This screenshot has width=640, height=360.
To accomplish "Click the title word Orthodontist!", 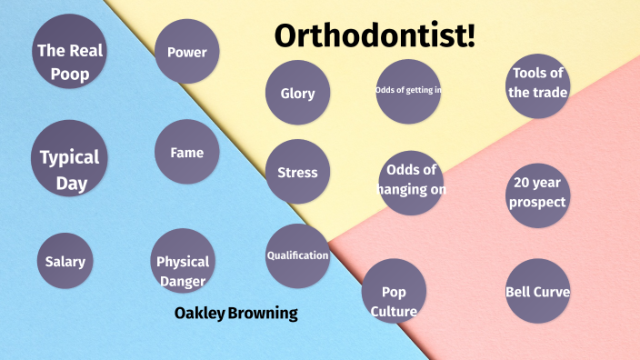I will point(375,35).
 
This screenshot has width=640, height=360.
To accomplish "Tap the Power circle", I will point(186,52).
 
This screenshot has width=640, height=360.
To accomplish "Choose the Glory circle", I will point(297,93).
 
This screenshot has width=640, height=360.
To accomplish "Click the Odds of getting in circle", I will point(408,90).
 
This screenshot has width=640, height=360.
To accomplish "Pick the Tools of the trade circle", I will point(538,84).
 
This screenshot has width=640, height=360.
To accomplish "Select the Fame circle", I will point(186,152).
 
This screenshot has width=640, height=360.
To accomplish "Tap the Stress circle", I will point(297,172).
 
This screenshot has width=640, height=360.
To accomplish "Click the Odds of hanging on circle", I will point(411,181).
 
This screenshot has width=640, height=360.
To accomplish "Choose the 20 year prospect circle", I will point(538,193).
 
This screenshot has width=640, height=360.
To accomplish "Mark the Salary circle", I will point(65,262).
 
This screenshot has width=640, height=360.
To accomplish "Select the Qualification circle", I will point(297,255).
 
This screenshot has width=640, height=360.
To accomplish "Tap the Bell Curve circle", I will point(538,292).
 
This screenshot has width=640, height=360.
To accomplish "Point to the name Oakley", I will point(198,315).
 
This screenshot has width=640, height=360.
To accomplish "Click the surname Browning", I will point(263,315).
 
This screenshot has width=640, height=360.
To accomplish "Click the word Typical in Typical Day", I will point(69,157).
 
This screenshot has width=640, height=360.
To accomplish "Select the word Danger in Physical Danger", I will point(183,281).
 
